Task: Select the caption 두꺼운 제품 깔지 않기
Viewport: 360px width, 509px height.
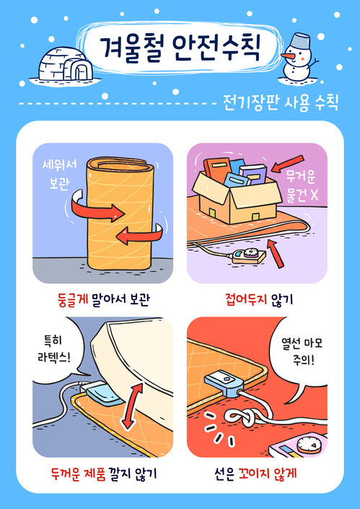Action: tap(102, 474)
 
